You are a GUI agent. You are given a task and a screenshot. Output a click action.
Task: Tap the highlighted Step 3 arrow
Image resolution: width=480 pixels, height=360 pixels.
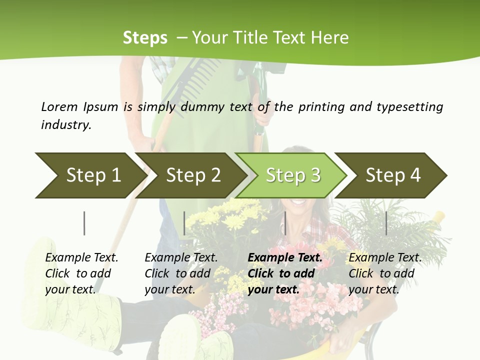tap(292, 175)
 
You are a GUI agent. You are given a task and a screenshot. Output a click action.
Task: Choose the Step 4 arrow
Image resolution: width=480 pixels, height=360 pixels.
tap(392, 175)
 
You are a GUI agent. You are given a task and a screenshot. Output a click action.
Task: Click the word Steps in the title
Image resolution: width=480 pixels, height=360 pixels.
tap(145, 38)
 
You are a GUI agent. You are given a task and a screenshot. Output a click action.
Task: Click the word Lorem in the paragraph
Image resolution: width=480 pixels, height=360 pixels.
tap(59, 106)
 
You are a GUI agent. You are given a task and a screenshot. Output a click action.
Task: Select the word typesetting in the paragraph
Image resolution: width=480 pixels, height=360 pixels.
tap(409, 107)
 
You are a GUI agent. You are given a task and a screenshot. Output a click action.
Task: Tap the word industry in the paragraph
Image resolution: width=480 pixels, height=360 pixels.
tap(66, 124)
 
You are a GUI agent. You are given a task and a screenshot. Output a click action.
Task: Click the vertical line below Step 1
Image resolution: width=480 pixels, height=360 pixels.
tap(84, 223)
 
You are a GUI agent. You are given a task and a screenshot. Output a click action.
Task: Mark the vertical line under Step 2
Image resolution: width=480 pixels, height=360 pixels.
tap(184, 223)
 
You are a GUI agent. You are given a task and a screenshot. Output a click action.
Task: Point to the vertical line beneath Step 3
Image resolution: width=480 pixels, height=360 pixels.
tap(285, 223)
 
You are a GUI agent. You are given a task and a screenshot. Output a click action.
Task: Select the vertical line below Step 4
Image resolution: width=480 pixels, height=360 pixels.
tap(386, 223)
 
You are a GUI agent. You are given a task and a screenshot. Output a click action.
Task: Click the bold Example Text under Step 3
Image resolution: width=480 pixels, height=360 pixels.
tap(285, 257)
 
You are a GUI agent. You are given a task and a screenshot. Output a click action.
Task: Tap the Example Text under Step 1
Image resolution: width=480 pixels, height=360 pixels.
tap(81, 257)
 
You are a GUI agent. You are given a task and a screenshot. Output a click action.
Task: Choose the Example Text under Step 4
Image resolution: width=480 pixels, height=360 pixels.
tap(385, 257)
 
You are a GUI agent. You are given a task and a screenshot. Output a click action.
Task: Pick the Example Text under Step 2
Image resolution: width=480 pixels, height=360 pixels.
tap(181, 257)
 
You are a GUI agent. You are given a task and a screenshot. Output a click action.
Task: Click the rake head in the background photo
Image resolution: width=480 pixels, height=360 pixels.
tap(192, 80)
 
